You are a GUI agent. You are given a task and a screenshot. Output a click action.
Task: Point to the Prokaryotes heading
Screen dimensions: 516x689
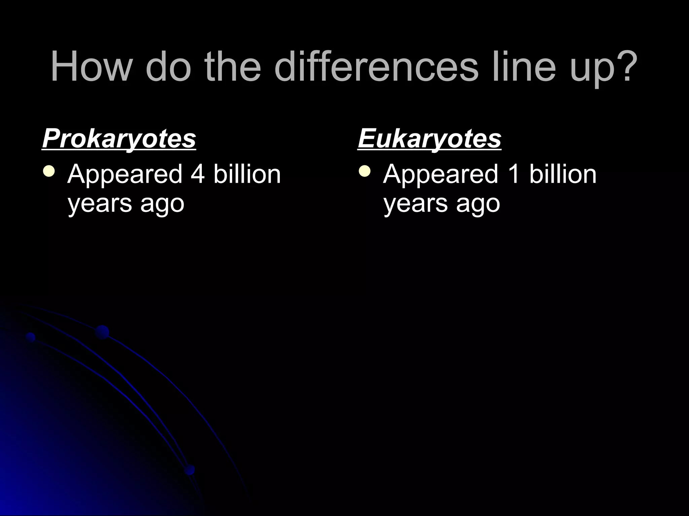(x=119, y=138)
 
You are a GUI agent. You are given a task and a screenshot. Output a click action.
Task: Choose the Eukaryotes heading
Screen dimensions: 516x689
(x=429, y=138)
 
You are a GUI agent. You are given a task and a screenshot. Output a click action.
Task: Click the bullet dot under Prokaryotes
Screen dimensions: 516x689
(x=49, y=171)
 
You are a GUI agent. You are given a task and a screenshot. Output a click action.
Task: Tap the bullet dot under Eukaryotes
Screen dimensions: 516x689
(x=365, y=171)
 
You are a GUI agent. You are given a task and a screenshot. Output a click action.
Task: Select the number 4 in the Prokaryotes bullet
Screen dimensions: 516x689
(x=198, y=174)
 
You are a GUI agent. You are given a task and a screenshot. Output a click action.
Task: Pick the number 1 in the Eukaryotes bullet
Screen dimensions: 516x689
(x=514, y=174)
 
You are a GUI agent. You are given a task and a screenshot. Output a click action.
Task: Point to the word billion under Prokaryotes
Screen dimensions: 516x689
(x=247, y=174)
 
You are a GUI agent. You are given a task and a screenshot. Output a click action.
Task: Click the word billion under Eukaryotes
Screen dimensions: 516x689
(x=563, y=174)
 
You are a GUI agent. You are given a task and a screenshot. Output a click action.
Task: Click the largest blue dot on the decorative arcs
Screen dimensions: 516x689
(x=102, y=332)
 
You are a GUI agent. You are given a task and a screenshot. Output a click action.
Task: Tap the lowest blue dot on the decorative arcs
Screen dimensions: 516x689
(x=189, y=469)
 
